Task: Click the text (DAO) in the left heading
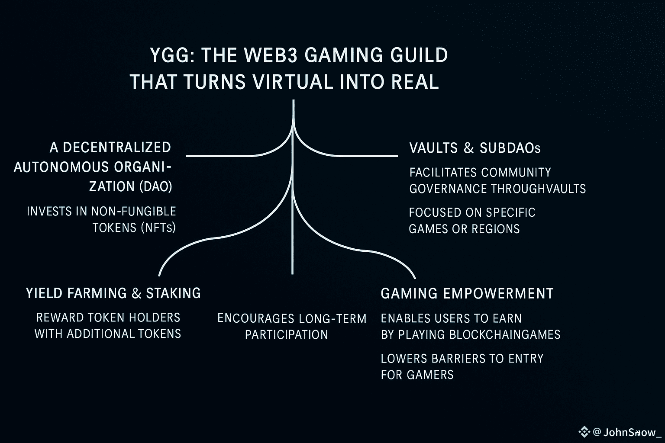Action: (x=156, y=186)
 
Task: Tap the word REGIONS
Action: (x=495, y=228)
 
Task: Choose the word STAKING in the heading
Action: (x=173, y=293)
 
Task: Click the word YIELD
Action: (x=45, y=293)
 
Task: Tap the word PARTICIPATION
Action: (x=287, y=335)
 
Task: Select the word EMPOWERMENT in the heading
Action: (x=498, y=293)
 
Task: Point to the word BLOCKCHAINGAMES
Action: (x=505, y=334)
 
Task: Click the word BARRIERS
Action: (x=447, y=358)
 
